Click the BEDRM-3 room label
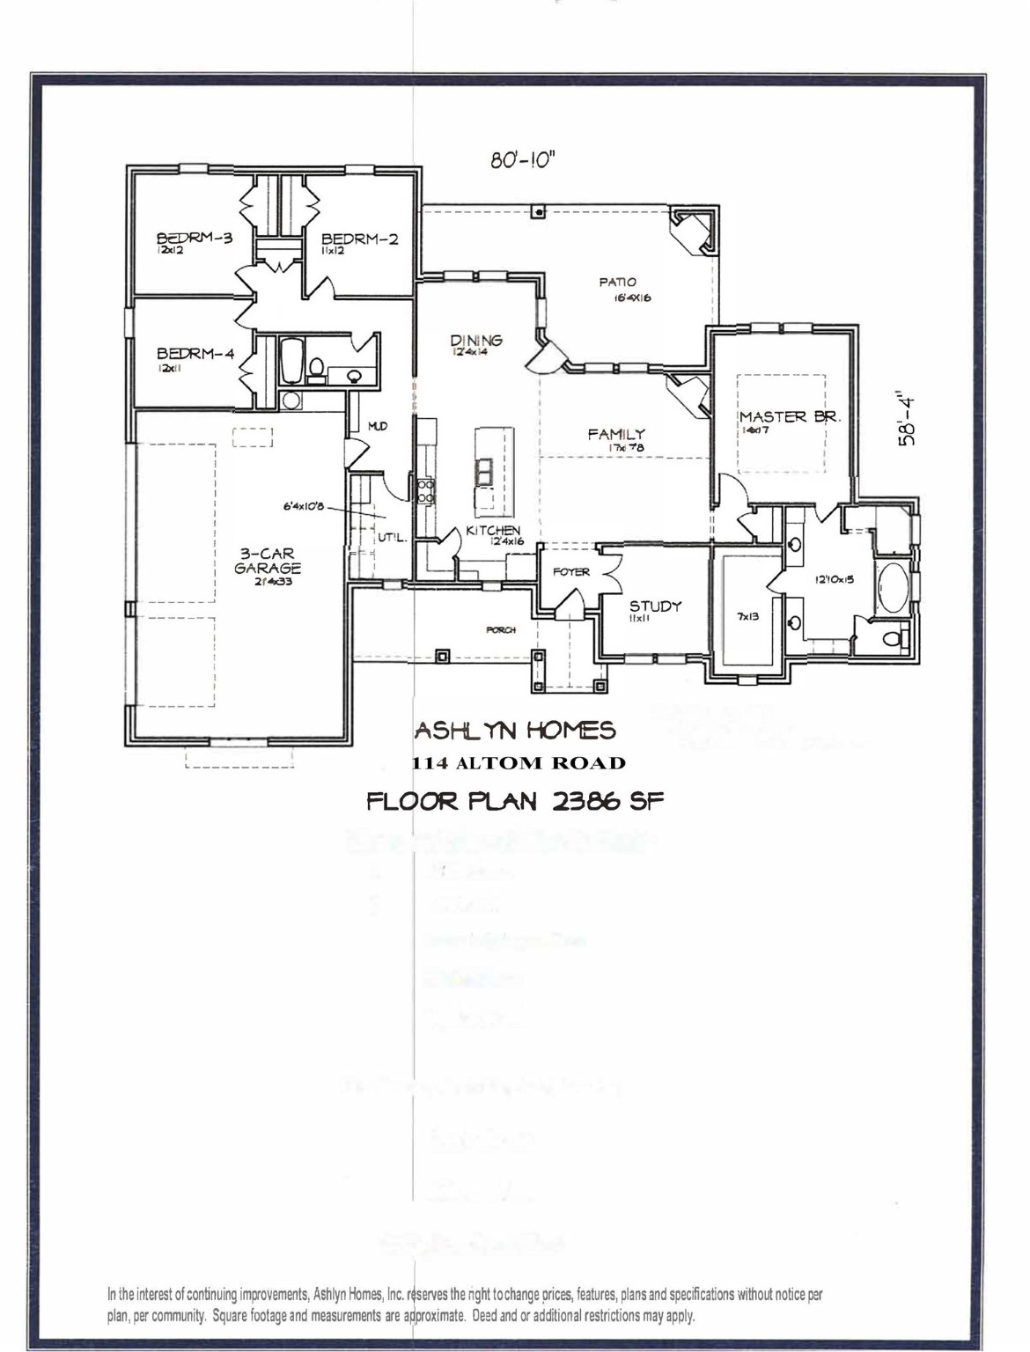pos(195,238)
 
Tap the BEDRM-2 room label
pos(359,239)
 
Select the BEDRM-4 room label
pos(195,354)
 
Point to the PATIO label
pos(617,283)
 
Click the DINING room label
pos(476,341)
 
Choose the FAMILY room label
pos(616,434)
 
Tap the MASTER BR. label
pos(790,417)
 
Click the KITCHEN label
pos(493,530)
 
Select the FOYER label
pos(570,572)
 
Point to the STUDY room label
pos(655,606)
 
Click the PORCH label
pos(500,630)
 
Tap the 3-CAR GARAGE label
pos(267,562)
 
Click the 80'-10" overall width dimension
pos(521,161)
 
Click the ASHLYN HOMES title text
pos(515,731)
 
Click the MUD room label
pos(377,426)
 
